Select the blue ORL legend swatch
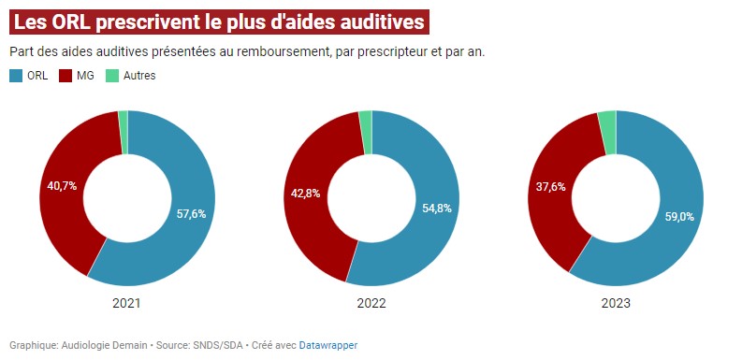coord(16,75)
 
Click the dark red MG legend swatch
coord(66,75)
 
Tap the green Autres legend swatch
coord(112,75)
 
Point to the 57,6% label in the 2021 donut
coord(191,213)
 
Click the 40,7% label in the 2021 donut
coord(62,186)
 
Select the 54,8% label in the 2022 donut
coord(436,209)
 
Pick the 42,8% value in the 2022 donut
coord(305,194)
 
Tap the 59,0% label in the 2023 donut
coord(680,216)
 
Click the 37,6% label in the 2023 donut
coord(549,187)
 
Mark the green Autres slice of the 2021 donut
coord(124,119)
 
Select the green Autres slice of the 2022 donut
coord(366,119)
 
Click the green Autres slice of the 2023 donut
coord(607,120)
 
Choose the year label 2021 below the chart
coord(127,304)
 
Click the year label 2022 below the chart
coord(371,304)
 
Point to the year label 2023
coord(616,304)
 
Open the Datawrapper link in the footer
coord(328,345)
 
